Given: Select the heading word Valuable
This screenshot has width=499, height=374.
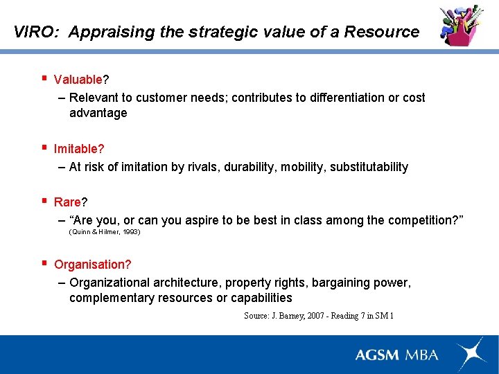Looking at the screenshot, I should tap(78, 80).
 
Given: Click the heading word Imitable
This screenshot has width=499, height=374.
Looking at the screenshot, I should tap(76, 149).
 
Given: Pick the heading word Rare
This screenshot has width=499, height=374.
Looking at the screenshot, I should tap(67, 202).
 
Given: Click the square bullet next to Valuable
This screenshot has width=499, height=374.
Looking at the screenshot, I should tap(44, 78).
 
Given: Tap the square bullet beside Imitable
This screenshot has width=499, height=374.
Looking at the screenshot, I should tap(44, 148).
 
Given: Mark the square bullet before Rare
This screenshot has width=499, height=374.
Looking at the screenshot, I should tap(44, 201).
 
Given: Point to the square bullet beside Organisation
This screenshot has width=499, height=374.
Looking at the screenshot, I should tap(44, 263).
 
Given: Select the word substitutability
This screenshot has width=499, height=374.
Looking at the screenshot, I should tap(369, 167).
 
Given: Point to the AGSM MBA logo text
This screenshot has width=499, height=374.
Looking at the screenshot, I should tap(396, 355).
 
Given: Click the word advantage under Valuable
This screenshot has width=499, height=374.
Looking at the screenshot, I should tap(98, 113).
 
